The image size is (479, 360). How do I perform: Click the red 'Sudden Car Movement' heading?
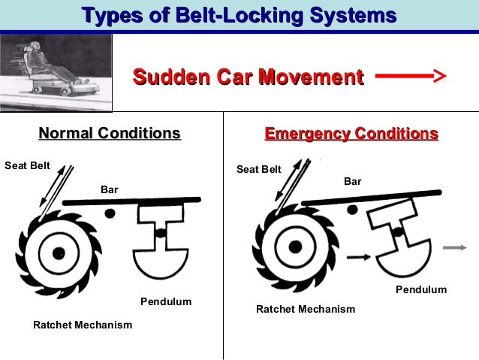pos(248,77)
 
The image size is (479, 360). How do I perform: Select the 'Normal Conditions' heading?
pos(110,134)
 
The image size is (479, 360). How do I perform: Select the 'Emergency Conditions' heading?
pos(351,134)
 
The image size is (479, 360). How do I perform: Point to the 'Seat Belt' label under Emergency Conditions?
pos(259,170)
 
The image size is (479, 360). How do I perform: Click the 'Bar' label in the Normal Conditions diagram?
pos(110,189)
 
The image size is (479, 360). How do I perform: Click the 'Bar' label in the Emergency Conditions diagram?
pos(353,181)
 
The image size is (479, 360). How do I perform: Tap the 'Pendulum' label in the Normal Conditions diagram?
pos(166,302)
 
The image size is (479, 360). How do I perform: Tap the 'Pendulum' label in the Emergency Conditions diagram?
pos(421,289)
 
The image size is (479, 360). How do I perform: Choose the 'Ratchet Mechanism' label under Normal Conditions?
pos(83,325)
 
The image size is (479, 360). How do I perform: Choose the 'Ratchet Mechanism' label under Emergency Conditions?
pos(306,309)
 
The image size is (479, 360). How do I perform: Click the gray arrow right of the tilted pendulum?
pos(453,247)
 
